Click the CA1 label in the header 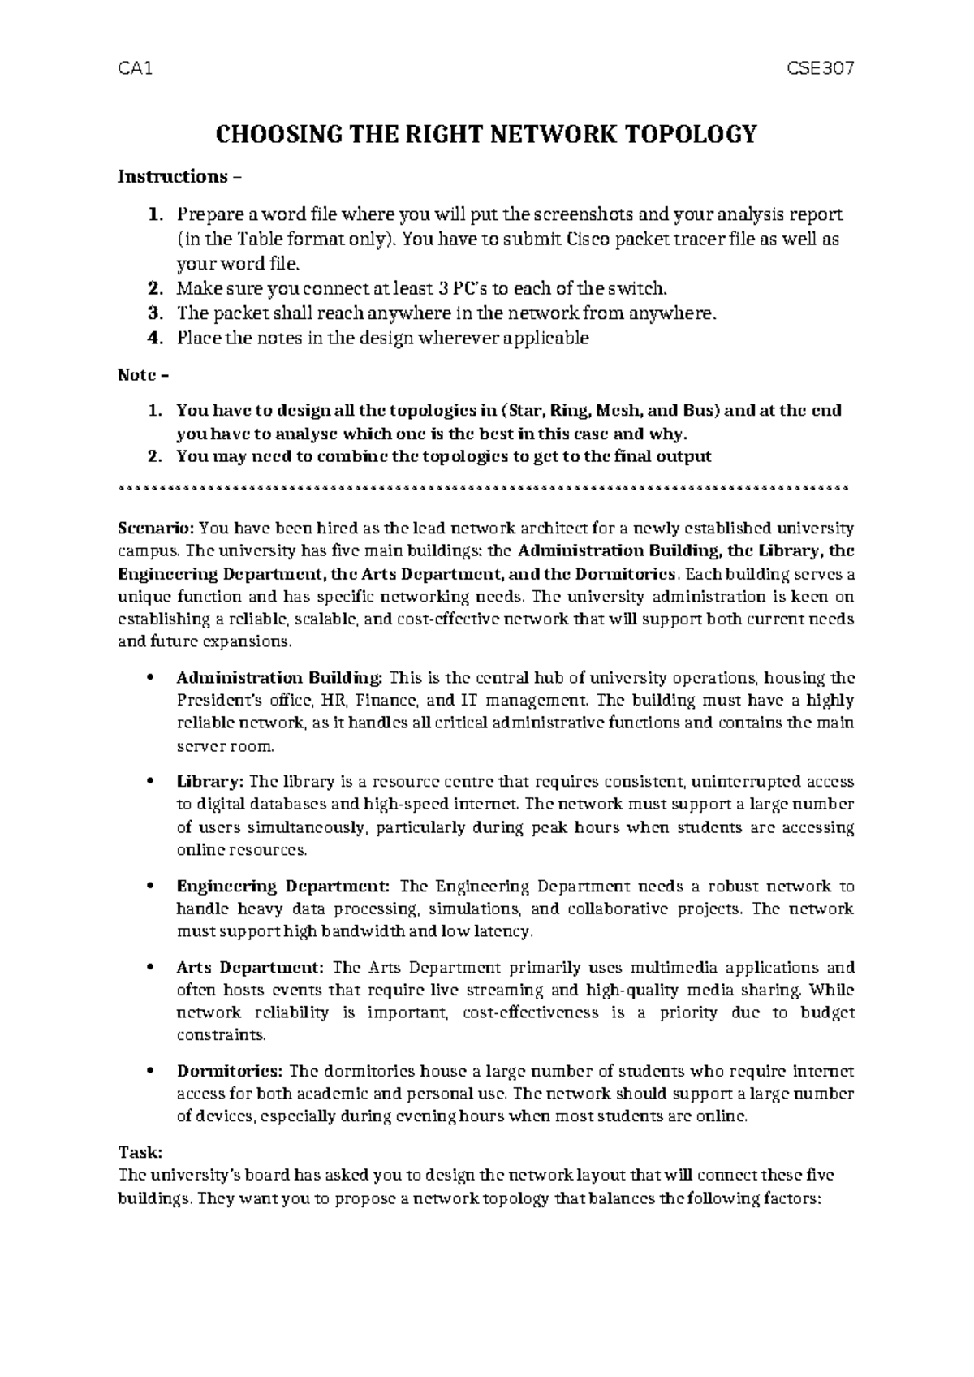pyautogui.click(x=135, y=69)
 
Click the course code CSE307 pyautogui.click(x=821, y=69)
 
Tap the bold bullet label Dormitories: pyautogui.click(x=230, y=1072)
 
